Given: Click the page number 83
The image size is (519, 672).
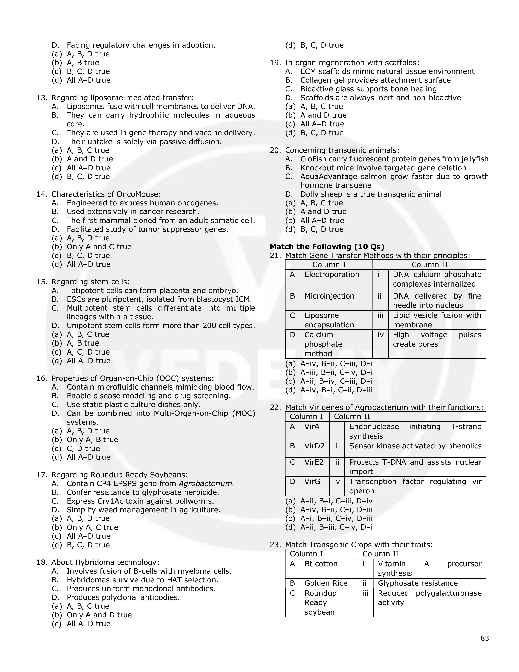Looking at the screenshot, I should (x=485, y=638).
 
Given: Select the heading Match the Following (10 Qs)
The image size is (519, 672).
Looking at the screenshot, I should (x=327, y=247).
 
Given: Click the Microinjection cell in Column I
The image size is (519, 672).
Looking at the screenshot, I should (x=329, y=296).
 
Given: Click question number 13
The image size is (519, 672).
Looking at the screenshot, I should (x=42, y=98).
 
